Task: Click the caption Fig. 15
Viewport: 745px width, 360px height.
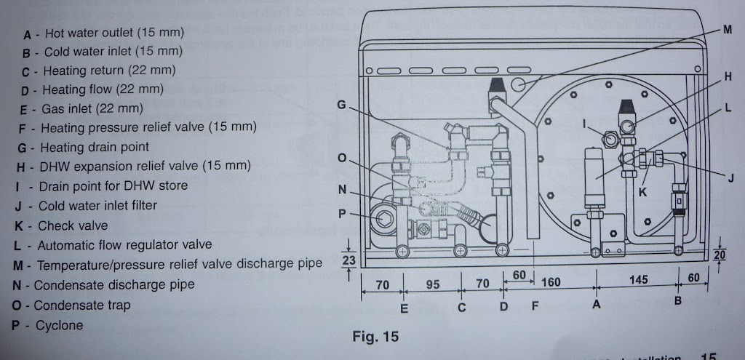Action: (375, 337)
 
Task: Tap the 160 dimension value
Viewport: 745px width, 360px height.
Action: (551, 282)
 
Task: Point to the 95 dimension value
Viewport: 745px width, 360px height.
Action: (433, 284)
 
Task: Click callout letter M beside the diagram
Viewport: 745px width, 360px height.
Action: (728, 31)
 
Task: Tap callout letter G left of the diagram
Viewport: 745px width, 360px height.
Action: (340, 105)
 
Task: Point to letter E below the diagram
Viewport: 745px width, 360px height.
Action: (405, 308)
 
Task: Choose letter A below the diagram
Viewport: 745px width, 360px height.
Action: (597, 305)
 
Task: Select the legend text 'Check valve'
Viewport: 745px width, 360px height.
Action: (72, 226)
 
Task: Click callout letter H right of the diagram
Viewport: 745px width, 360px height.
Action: (728, 76)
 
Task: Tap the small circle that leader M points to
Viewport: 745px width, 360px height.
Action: (521, 85)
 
